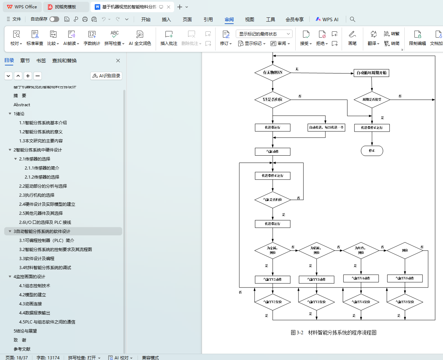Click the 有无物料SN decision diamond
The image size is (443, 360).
point(272,72)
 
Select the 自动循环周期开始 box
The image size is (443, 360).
point(371,73)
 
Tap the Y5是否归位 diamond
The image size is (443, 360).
point(272,100)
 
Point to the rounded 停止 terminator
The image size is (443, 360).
point(372,151)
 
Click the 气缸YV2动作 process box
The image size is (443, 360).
point(272,280)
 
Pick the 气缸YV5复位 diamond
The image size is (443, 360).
point(405,302)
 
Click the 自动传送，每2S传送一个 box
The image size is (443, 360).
point(326,127)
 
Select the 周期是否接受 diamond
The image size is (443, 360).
point(372,100)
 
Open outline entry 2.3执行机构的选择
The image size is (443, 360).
point(37,195)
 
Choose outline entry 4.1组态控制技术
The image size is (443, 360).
point(34,286)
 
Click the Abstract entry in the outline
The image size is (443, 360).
point(22,105)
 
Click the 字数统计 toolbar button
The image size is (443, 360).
point(92,38)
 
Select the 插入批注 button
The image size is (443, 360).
point(169,38)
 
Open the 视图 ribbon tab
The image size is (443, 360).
point(249,19)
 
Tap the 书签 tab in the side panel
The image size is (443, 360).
point(41,61)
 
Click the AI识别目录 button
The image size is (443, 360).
point(106,76)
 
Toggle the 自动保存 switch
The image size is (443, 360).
point(54,19)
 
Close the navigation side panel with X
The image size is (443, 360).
point(118,61)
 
